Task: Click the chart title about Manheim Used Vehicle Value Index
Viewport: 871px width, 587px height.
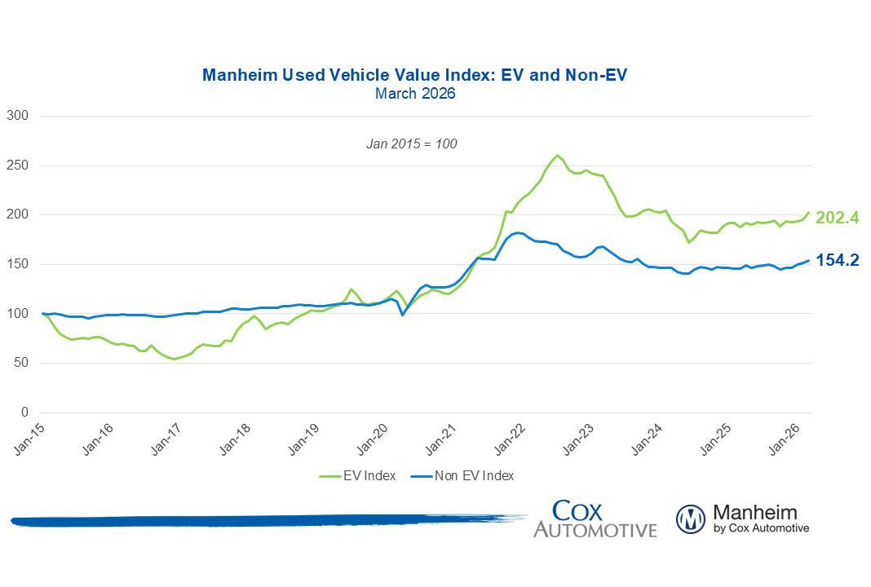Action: (414, 76)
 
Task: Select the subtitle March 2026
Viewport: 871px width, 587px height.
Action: (414, 94)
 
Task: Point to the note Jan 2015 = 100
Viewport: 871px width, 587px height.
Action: (411, 143)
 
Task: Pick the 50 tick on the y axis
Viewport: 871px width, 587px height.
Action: (22, 363)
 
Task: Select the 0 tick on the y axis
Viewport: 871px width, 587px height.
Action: (25, 413)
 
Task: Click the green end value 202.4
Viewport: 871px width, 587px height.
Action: (837, 217)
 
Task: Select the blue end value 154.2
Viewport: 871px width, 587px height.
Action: (837, 261)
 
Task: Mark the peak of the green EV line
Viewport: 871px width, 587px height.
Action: (557, 155)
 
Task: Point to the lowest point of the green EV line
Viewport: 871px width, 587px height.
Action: (174, 359)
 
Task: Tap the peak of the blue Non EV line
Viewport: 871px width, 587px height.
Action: (516, 232)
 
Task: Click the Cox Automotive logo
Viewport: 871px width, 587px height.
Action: (595, 519)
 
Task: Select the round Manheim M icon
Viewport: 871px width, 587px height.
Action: (690, 519)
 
